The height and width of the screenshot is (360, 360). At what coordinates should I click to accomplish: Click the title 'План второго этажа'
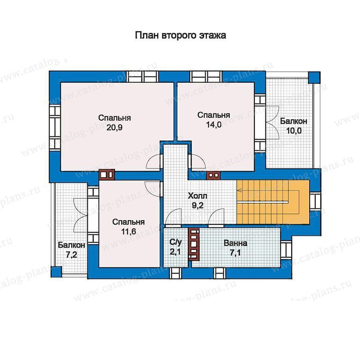coord(180,36)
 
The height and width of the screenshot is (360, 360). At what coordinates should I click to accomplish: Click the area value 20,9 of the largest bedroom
coord(114,128)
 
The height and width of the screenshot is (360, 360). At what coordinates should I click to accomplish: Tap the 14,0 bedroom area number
coord(214,125)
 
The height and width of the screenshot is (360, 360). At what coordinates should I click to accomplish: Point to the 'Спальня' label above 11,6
coord(128,222)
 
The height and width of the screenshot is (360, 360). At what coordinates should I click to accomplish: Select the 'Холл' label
coord(198,196)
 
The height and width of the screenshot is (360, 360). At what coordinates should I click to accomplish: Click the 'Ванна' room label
coord(235,243)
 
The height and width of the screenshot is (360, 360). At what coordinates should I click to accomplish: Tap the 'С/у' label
coord(176,242)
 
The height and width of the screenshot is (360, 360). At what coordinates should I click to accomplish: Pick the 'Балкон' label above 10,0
coord(294,121)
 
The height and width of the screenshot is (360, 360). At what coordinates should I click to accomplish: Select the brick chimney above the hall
coord(214,175)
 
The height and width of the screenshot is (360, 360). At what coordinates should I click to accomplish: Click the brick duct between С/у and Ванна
coord(194,244)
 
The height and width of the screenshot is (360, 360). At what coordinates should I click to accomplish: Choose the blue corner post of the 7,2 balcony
coord(56,272)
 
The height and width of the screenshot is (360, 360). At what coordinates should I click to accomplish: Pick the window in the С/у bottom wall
coord(175,273)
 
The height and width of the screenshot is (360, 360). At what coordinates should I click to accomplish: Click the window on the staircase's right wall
coord(315,201)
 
